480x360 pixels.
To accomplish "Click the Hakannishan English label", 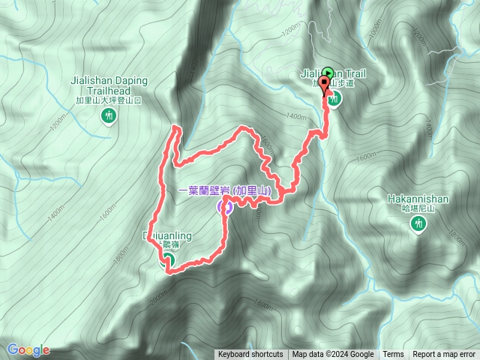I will tap(418, 199).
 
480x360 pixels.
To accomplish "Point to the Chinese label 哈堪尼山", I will tap(418, 209).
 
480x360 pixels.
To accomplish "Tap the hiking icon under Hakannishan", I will tap(418, 223).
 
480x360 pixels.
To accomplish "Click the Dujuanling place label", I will tap(167, 236).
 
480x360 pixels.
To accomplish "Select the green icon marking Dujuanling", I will tap(168, 259).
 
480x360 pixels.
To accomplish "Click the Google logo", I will tap(28, 349).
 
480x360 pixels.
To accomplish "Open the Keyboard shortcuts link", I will tap(250, 355).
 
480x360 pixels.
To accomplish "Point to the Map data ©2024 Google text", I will tap(333, 355).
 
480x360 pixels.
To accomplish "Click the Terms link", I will tap(393, 355).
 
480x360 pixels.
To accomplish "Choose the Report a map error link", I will tap(445, 355).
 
